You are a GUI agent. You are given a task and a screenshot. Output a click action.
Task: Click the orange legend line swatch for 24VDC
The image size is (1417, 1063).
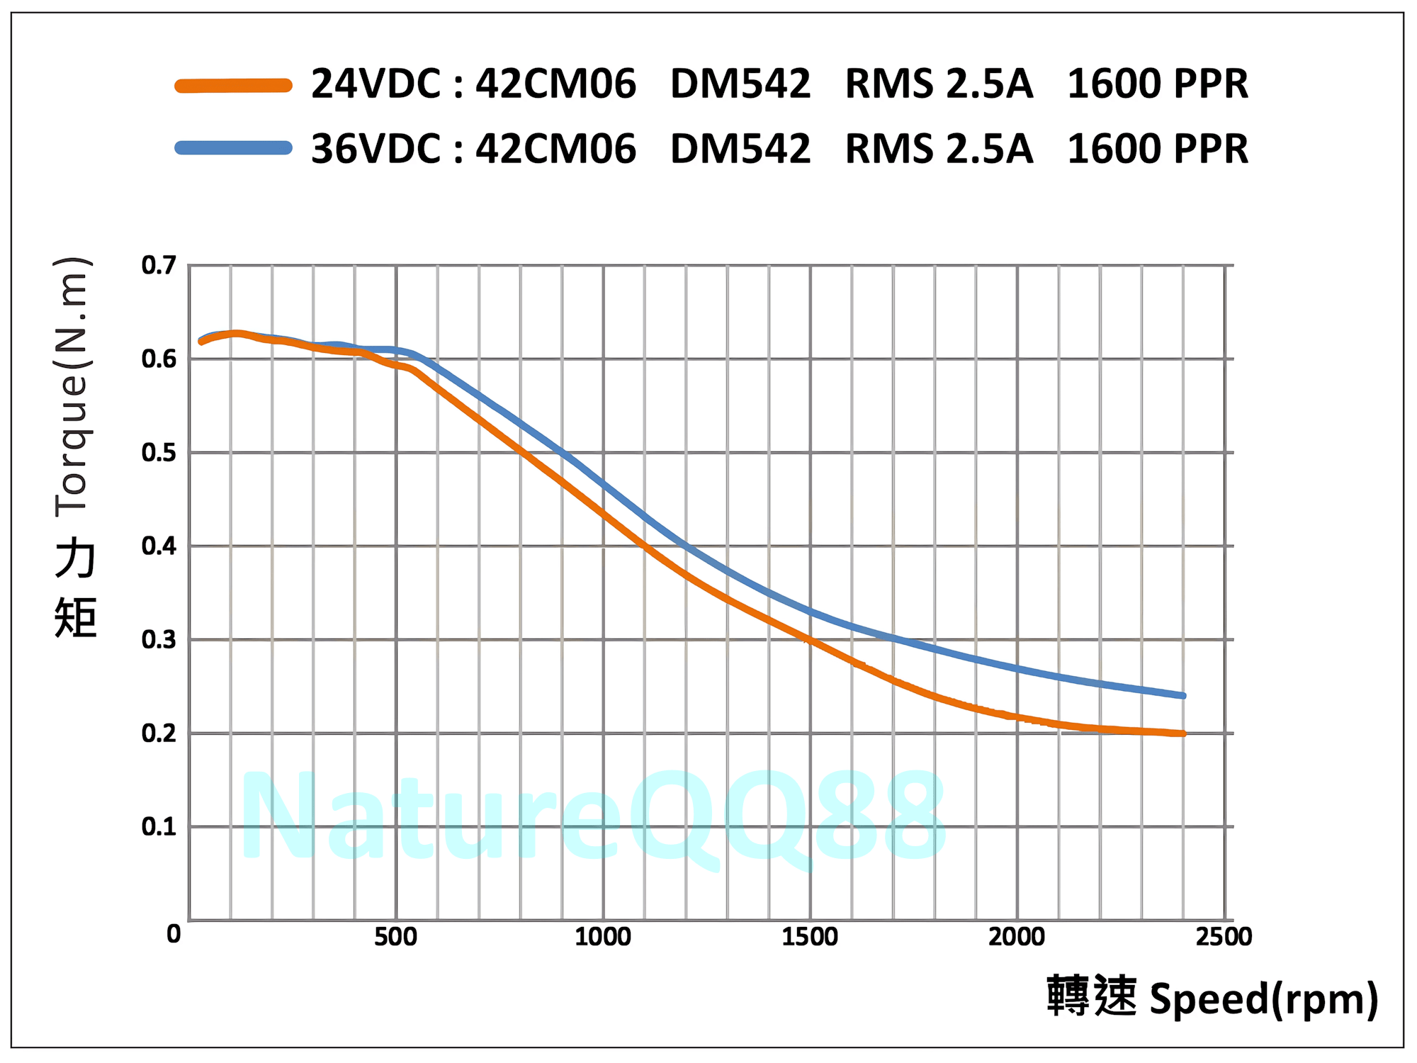click(x=233, y=86)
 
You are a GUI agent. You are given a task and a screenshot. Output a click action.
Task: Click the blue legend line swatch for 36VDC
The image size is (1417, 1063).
click(x=233, y=148)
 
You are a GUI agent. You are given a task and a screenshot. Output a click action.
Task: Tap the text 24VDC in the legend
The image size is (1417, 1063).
click(x=376, y=84)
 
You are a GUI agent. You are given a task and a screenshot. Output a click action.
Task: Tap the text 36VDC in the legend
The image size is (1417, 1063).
click(x=376, y=149)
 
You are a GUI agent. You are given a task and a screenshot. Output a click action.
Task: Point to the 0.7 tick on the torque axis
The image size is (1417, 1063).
click(x=159, y=266)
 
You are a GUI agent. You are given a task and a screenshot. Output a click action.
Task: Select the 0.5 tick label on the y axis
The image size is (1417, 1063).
click(x=159, y=453)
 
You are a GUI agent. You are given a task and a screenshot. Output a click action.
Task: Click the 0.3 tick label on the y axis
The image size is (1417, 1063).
click(x=159, y=640)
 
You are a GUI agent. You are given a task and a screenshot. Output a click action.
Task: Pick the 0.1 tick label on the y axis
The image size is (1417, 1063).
click(x=159, y=827)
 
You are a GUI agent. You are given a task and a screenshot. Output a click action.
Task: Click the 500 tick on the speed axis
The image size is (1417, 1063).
click(x=395, y=937)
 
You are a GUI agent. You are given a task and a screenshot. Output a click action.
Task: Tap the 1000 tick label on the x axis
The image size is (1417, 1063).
click(x=603, y=937)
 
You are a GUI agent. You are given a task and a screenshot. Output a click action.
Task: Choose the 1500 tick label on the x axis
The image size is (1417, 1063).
click(x=810, y=937)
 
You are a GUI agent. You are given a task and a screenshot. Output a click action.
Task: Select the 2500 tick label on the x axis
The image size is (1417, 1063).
click(x=1224, y=937)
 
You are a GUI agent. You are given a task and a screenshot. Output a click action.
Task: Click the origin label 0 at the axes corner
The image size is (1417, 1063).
click(x=174, y=934)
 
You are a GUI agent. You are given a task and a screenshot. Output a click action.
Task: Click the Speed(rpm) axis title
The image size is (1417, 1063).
click(x=1263, y=999)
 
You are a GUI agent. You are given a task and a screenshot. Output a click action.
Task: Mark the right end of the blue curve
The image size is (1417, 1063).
click(x=1182, y=696)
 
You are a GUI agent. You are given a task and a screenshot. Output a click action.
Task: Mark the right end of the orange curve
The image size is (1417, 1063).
click(x=1182, y=733)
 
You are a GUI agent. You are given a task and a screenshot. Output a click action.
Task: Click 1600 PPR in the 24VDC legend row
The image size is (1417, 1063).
click(x=1158, y=84)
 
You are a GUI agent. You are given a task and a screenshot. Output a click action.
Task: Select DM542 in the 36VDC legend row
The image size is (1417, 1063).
click(x=740, y=149)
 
